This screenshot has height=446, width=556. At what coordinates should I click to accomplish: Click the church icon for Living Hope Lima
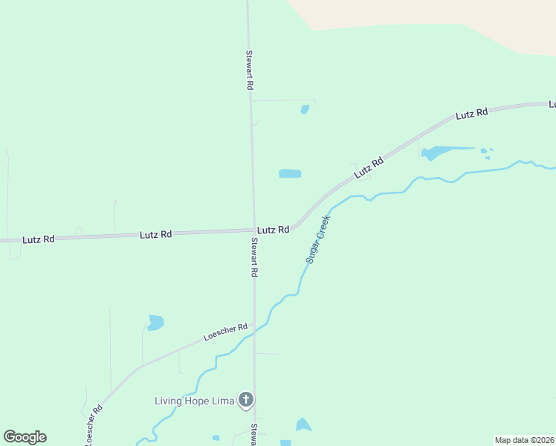pos(246,401)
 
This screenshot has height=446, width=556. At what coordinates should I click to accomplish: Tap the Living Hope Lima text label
pos(194,401)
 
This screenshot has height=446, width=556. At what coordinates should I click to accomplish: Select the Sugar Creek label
pos(317,239)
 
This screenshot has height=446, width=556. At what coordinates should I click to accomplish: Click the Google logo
pos(25,437)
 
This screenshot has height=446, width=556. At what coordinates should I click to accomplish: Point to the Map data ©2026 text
pos(525,440)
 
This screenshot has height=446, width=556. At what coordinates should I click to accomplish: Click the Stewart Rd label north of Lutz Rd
pos(250,70)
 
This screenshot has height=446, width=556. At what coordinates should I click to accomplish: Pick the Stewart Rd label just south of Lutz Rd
pos(254,257)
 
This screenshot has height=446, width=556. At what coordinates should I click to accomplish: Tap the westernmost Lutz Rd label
pos(39,239)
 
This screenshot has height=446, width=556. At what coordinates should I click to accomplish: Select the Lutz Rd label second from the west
pos(155,234)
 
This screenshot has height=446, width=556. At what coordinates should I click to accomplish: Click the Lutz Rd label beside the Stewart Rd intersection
pos(273,230)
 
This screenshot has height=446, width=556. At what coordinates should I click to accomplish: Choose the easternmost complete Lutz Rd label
pos(472,114)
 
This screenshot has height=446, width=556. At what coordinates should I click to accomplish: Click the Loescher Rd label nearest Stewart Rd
pos(224,333)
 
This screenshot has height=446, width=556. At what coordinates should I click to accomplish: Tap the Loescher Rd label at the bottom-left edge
pos(93,426)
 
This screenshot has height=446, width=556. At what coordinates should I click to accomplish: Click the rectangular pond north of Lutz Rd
pos(290,174)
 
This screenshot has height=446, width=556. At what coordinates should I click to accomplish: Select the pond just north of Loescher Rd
pos(155,323)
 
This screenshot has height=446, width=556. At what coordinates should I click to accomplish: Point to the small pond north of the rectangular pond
pos(305,109)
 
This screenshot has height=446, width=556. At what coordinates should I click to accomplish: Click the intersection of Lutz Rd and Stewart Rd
pos(253,230)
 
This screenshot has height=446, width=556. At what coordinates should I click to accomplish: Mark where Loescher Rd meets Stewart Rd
pos(254,325)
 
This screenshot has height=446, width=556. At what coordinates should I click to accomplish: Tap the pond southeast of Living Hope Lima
pos(303,425)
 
